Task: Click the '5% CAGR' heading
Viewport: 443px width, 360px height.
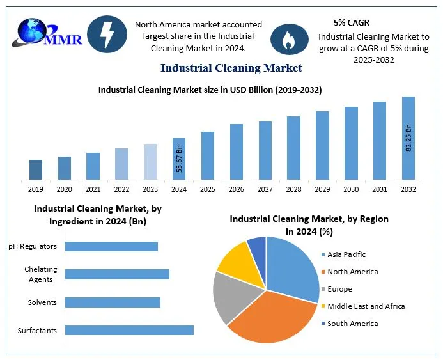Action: coord(351,22)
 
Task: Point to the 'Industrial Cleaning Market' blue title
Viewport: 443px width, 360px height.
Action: coord(231,68)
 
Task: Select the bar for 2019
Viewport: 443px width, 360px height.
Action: coord(36,169)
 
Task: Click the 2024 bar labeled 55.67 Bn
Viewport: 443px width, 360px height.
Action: coord(179,159)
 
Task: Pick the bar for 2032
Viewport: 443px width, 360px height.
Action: coord(408,138)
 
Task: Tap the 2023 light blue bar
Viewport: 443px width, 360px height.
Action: coord(150,161)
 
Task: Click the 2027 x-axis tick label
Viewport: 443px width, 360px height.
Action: coord(265,189)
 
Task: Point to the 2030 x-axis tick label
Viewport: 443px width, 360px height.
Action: coord(351,189)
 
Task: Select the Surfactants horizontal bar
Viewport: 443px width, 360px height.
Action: coord(129,330)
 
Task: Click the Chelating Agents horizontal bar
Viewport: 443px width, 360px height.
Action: coord(117,274)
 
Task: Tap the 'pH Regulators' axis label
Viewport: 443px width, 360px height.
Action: coord(33,246)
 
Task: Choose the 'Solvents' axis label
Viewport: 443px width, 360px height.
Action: coord(42,302)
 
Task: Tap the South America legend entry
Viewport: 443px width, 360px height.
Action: coord(352,324)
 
